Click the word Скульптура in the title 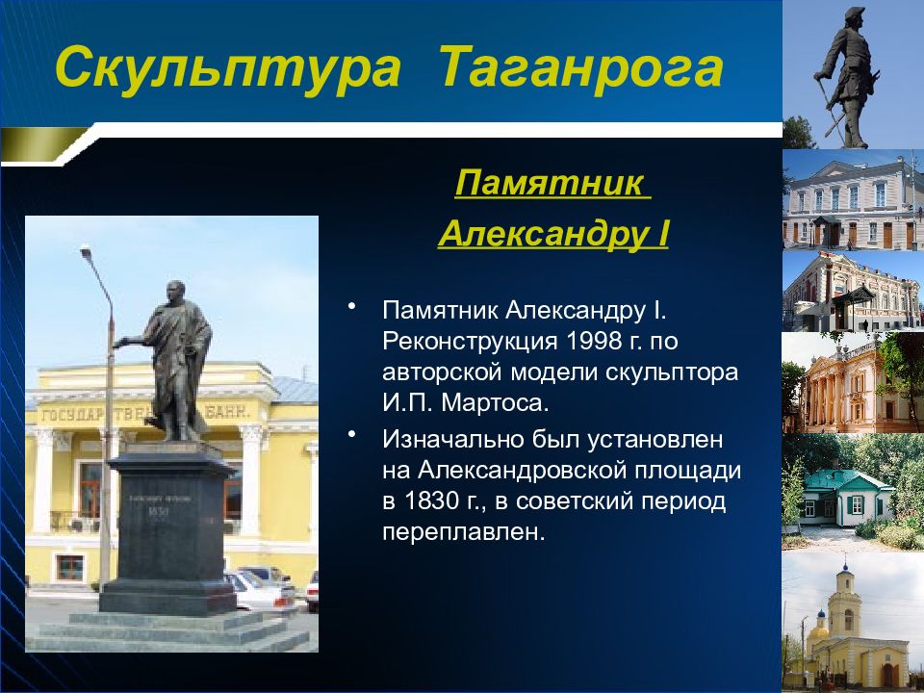click(228, 68)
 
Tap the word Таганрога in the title click(580, 68)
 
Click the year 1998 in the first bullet click(595, 341)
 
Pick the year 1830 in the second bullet click(433, 500)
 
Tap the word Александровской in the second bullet click(523, 471)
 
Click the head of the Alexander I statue click(175, 291)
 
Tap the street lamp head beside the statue click(85, 250)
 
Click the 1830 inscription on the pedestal click(158, 511)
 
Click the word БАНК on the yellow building click(228, 411)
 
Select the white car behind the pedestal click(259, 590)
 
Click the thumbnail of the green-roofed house click(853, 492)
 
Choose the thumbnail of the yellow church click(853, 623)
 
